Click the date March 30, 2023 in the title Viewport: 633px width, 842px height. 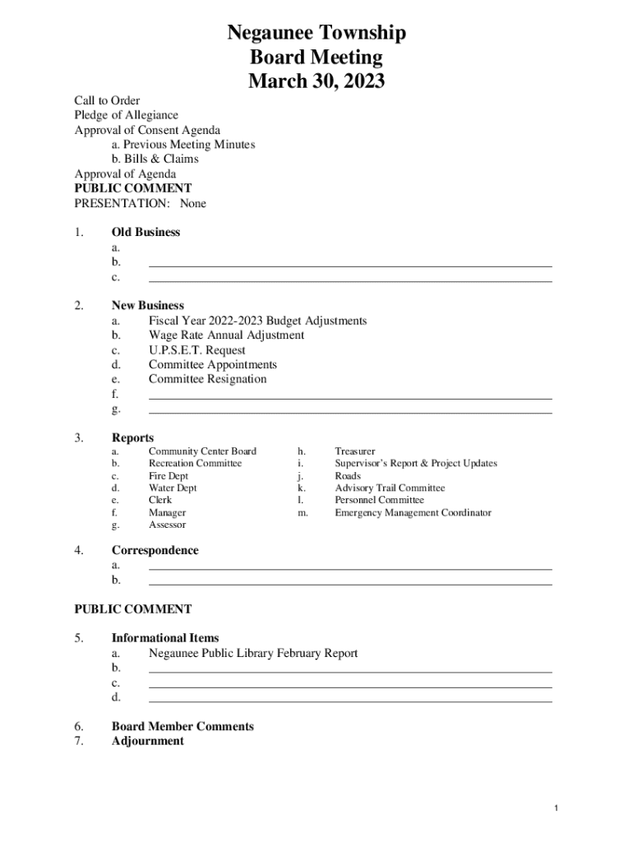pyautogui.click(x=316, y=81)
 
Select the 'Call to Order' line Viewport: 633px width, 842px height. pyautogui.click(x=108, y=100)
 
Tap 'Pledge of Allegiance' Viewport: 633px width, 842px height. pyautogui.click(x=127, y=115)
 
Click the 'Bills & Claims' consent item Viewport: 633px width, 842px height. pyautogui.click(x=155, y=159)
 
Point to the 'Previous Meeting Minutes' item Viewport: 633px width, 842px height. pyautogui.click(x=183, y=145)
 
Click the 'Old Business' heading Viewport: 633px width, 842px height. pyautogui.click(x=146, y=232)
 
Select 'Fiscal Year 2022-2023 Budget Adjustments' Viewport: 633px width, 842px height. pyautogui.click(x=257, y=321)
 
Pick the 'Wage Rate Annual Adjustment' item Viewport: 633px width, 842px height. pyautogui.click(x=226, y=335)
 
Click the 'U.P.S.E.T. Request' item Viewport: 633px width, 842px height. pyautogui.click(x=196, y=350)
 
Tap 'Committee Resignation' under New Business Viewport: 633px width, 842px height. pyautogui.click(x=207, y=379)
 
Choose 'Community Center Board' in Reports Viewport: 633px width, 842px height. pyautogui.click(x=202, y=451)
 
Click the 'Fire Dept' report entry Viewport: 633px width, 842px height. pyautogui.click(x=169, y=476)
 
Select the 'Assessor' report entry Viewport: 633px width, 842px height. pyautogui.click(x=167, y=525)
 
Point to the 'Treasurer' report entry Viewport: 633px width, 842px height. pyautogui.click(x=355, y=451)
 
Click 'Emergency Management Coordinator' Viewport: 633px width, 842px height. pyautogui.click(x=413, y=513)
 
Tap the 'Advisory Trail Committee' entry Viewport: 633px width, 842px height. pyautogui.click(x=390, y=488)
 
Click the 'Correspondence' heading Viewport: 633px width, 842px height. pyautogui.click(x=155, y=550)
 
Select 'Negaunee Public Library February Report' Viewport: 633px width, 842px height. pyautogui.click(x=253, y=654)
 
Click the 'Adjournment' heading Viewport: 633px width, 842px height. pyautogui.click(x=148, y=741)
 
